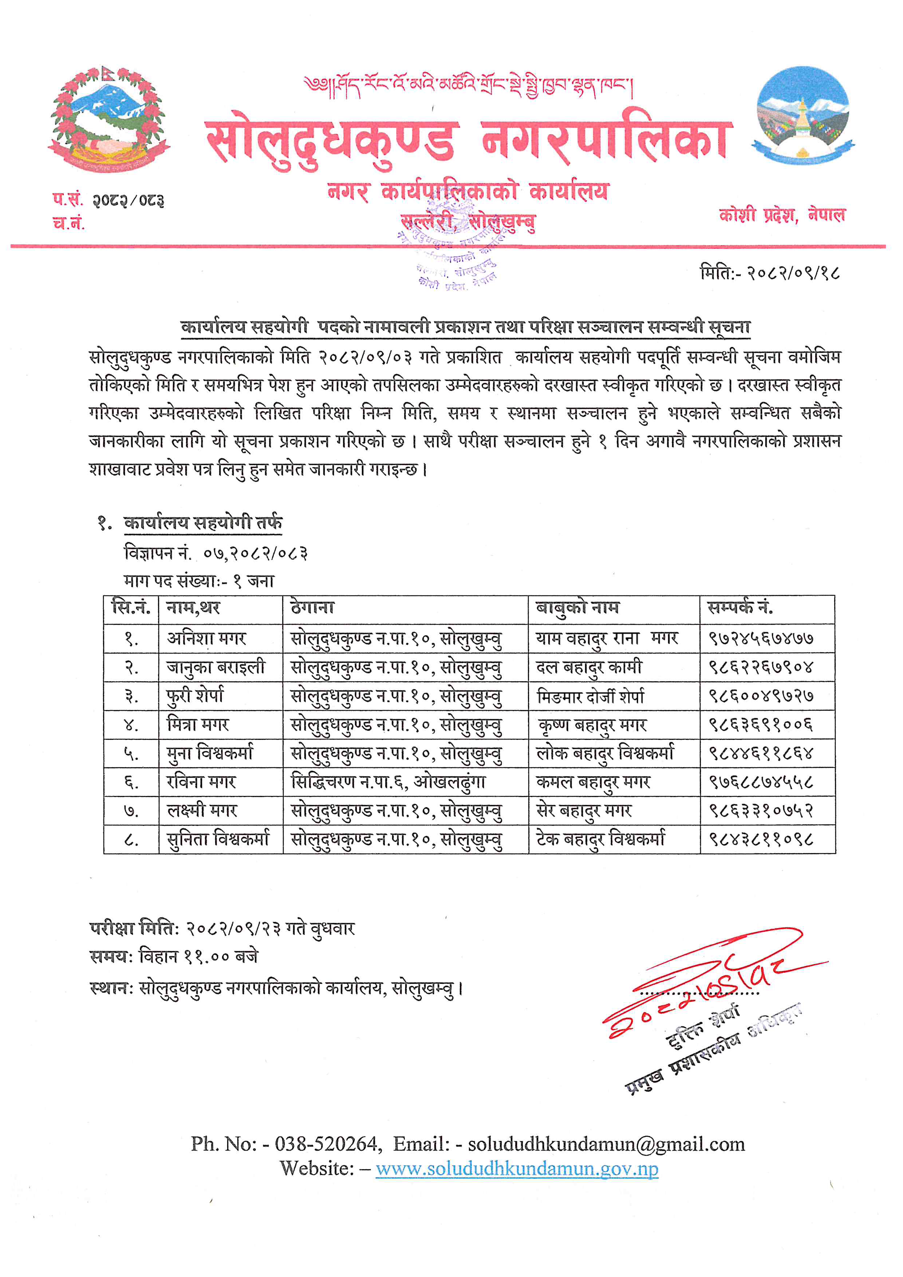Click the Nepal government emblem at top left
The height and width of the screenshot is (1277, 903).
(109, 119)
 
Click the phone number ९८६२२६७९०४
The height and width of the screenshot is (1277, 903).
(760, 667)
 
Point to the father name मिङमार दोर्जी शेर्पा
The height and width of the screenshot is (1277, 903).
(591, 696)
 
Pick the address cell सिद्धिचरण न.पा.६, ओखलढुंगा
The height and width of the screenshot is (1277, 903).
(388, 782)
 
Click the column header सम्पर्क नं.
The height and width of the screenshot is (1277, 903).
(740, 607)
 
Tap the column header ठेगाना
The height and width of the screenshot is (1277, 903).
(312, 607)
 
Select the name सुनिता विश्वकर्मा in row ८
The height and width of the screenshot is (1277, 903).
(218, 839)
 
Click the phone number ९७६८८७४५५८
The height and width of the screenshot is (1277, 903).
(760, 782)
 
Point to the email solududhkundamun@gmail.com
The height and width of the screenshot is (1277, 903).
(606, 1144)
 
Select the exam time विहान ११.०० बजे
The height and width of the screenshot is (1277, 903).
(198, 956)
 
